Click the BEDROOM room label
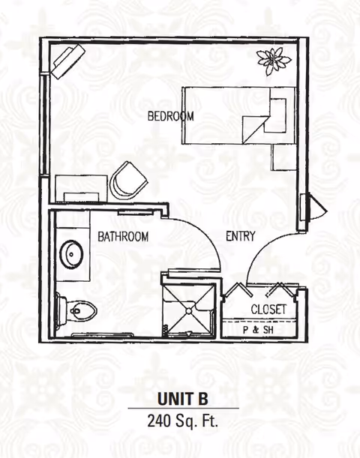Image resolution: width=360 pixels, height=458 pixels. coord(171,116)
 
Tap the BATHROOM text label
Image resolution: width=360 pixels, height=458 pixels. coord(123,236)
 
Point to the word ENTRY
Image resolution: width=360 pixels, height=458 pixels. coord(241,235)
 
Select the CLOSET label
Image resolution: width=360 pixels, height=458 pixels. coord(268,309)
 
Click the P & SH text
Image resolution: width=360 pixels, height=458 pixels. coord(258,330)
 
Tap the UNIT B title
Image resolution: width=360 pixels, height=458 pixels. coord(183,399)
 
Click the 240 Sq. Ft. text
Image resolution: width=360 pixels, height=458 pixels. coord(183,421)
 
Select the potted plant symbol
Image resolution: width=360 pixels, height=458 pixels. coord(274,61)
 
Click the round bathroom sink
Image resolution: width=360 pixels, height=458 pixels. coord(71,254)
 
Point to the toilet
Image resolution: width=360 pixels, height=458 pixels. coord(76,311)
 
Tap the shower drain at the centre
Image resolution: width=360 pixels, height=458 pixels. coord(189,310)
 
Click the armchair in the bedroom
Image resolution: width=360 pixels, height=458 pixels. coord(128,181)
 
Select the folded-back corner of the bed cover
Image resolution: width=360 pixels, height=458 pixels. coord(255,129)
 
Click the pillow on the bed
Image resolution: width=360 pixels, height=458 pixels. coord(277,115)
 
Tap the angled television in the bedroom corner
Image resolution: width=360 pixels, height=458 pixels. coord(68,61)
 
